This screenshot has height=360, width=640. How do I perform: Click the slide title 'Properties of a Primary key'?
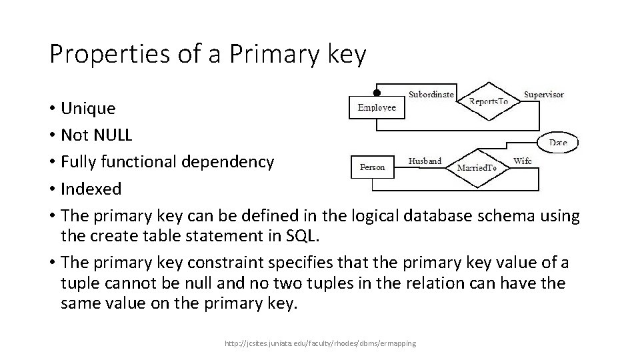pyautogui.click(x=207, y=54)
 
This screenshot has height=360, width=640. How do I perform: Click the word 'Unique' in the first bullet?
pyautogui.click(x=87, y=108)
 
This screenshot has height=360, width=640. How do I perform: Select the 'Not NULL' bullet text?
pyautogui.click(x=96, y=135)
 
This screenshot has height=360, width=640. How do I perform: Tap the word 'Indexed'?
pyautogui.click(x=91, y=189)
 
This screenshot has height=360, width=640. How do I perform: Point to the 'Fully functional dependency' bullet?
pyautogui.click(x=167, y=162)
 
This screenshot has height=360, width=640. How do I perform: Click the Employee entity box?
pyautogui.click(x=377, y=107)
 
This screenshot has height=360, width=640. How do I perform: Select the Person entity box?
pyautogui.click(x=372, y=167)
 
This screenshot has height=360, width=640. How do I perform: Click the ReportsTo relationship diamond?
pyautogui.click(x=489, y=101)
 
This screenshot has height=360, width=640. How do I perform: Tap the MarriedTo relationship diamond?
pyautogui.click(x=477, y=167)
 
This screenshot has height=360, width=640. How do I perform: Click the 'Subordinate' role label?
pyautogui.click(x=431, y=94)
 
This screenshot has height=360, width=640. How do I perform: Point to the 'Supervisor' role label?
pyautogui.click(x=543, y=94)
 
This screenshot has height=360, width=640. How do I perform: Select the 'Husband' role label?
pyautogui.click(x=425, y=161)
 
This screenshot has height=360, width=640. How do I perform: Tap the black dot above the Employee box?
pyautogui.click(x=377, y=93)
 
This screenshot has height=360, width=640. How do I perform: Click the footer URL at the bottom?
pyautogui.click(x=321, y=343)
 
